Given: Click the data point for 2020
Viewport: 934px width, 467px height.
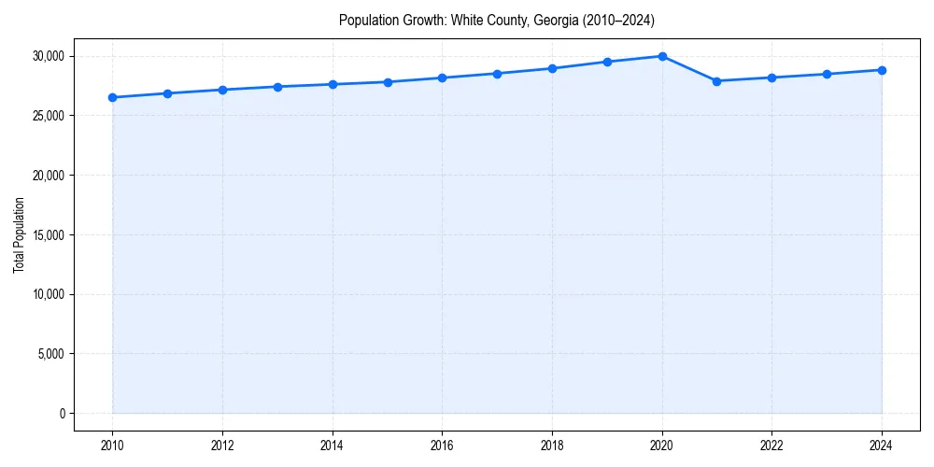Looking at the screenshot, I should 662,56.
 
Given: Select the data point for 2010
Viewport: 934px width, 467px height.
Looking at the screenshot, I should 112,97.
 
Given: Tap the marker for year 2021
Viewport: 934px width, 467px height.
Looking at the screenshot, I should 716,81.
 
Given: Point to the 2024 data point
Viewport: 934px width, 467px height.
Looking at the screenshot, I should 882,70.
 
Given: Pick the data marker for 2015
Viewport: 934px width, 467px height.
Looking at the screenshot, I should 388,82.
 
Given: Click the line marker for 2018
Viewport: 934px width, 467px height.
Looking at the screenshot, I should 552,68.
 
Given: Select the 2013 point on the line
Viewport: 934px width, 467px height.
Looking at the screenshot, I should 277,87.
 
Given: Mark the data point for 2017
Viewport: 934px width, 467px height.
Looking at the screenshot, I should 497,74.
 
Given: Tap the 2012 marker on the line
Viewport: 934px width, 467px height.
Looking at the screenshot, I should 222,90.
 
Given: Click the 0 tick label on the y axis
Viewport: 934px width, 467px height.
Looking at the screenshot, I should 62,414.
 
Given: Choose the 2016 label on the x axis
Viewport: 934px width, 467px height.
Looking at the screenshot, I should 443,445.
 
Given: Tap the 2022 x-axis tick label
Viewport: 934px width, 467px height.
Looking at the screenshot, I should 771,445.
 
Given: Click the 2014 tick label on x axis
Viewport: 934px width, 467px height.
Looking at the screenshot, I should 333,445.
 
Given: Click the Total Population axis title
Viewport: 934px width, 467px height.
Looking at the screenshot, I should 19,234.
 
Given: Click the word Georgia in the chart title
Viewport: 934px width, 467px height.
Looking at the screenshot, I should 555,20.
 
